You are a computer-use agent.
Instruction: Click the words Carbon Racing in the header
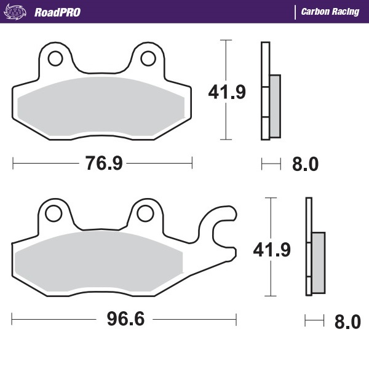click(330, 12)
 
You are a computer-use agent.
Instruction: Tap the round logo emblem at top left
click(17, 12)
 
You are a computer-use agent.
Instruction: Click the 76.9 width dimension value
click(104, 164)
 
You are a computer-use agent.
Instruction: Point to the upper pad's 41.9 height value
click(227, 92)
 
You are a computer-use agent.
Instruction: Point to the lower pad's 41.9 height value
click(271, 249)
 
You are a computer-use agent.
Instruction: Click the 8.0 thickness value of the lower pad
click(347, 321)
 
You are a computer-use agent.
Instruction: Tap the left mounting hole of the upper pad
click(55, 58)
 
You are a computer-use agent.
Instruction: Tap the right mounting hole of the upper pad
click(148, 58)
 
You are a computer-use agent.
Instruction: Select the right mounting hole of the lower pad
click(145, 213)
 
